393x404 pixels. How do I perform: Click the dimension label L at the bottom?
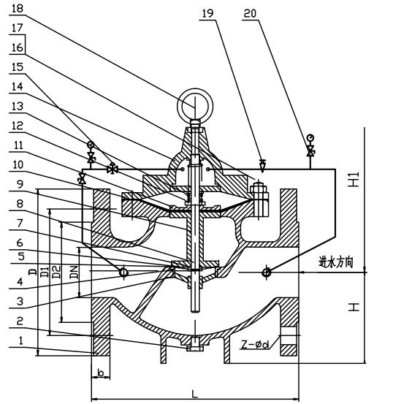pyautogui.click(x=194, y=394)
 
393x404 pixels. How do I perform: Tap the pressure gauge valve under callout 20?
pyautogui.click(x=310, y=151)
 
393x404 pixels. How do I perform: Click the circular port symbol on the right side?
pyautogui.click(x=267, y=272)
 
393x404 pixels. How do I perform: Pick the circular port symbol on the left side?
pyautogui.click(x=123, y=272)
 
